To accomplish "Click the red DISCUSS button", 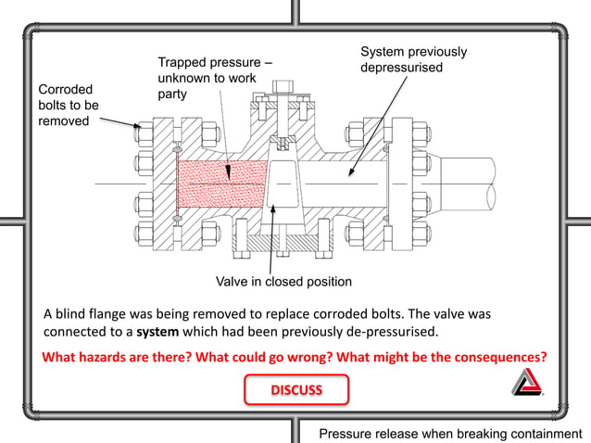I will tap(296, 389).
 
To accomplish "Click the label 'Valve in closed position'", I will tap(283, 281).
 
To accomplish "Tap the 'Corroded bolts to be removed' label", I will tap(68, 105).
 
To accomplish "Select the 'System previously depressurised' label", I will tap(412, 59).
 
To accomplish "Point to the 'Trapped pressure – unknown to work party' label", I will tap(213, 78).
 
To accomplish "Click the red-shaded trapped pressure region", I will tap(218, 183).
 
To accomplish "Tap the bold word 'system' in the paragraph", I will tap(157, 332).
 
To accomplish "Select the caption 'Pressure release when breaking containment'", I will tap(450, 433).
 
